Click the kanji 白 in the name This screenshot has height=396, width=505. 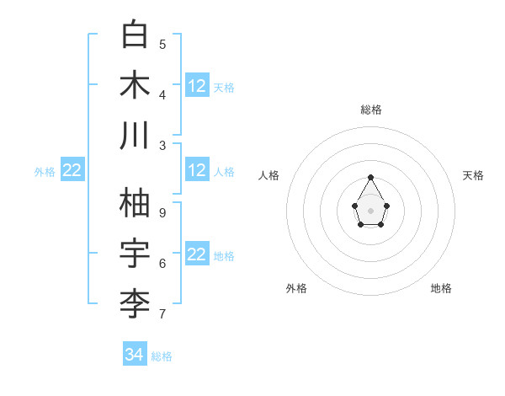pos(136,35)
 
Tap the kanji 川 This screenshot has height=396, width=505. pos(136,136)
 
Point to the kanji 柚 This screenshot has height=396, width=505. pos(136,203)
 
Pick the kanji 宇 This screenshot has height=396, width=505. pos(136,254)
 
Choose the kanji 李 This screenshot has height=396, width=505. pos(136,304)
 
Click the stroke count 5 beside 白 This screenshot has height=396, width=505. pos(162,44)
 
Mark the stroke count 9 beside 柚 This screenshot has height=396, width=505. pos(162,212)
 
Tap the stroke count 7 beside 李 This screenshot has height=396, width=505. pos(162,314)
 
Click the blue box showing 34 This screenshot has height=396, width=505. pos(135,355)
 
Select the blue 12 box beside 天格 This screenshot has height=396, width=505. pos(197,86)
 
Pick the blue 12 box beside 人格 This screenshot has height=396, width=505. pos(197,170)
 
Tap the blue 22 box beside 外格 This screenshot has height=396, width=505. pos(72,170)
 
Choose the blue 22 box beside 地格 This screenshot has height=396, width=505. pos(197,254)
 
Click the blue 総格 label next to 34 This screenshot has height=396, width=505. pos(162,356)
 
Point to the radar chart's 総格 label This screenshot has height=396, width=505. pos(371,110)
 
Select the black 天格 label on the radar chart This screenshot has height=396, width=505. pos(473,175)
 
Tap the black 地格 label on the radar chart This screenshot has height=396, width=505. pos(441,288)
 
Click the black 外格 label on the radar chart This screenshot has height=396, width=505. pos(296,288)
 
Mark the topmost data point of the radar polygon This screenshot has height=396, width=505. pos(371,177)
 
